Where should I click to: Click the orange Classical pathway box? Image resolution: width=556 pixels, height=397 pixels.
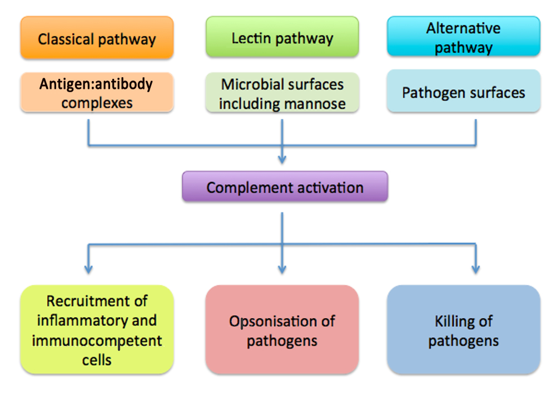click(x=97, y=37)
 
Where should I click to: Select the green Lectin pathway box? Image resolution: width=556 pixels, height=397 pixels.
click(x=282, y=37)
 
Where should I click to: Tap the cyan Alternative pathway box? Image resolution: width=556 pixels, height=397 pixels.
click(x=464, y=36)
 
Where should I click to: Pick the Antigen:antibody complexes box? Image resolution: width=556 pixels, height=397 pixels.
click(x=97, y=92)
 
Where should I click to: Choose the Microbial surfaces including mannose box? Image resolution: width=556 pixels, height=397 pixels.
click(x=282, y=93)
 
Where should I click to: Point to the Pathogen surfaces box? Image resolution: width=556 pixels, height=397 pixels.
click(x=464, y=91)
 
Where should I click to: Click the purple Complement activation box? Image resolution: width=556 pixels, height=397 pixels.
click(x=285, y=187)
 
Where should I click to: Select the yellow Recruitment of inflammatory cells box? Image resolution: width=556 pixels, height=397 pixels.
click(x=97, y=329)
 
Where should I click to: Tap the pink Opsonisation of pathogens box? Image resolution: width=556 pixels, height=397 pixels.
click(x=282, y=329)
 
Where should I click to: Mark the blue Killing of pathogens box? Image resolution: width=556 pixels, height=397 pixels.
click(x=464, y=329)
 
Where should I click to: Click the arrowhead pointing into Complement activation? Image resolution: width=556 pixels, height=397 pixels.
click(x=282, y=159)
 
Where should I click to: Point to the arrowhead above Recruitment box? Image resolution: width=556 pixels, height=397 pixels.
click(x=88, y=269)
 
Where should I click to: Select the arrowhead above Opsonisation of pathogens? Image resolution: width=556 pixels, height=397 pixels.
click(x=282, y=269)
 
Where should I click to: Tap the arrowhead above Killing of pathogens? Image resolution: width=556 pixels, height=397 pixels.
click(x=476, y=269)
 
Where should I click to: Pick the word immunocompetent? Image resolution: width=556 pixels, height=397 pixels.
click(x=97, y=341)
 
